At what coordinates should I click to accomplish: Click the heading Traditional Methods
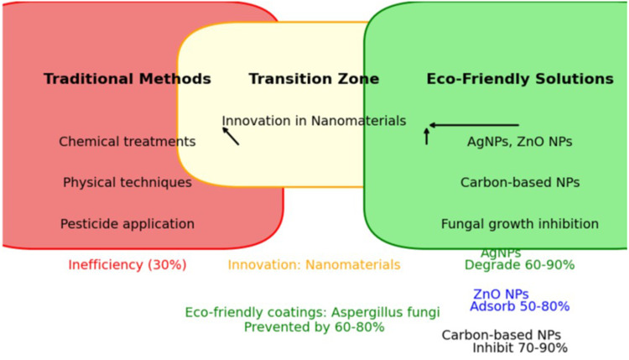pos(127,79)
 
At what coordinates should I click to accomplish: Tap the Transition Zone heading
pos(314,79)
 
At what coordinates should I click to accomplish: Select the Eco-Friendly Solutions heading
pos(520,79)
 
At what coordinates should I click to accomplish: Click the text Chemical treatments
pos(127,142)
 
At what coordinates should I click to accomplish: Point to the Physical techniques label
pos(127,182)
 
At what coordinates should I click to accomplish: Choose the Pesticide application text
pos(127,224)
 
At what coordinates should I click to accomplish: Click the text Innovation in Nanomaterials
pos(314,121)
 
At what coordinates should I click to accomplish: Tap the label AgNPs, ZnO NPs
pos(520,142)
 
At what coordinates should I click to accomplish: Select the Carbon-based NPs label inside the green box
pos(520,182)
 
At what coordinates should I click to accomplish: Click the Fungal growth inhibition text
pos(520,224)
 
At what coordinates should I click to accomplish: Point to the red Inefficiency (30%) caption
pos(127,265)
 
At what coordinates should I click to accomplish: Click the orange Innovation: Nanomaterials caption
pos(314,265)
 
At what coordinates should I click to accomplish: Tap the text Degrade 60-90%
pos(520,265)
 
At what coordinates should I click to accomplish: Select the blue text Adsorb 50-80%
pos(520,307)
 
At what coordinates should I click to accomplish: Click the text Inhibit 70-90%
pos(520,348)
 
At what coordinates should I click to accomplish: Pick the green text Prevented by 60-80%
pos(314,327)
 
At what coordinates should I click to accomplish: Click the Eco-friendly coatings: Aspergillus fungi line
pos(312,312)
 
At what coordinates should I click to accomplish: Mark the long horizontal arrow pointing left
pos(474,125)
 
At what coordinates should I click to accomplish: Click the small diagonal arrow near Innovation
pos(231,136)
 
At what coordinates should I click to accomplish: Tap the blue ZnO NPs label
pos(501,295)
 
